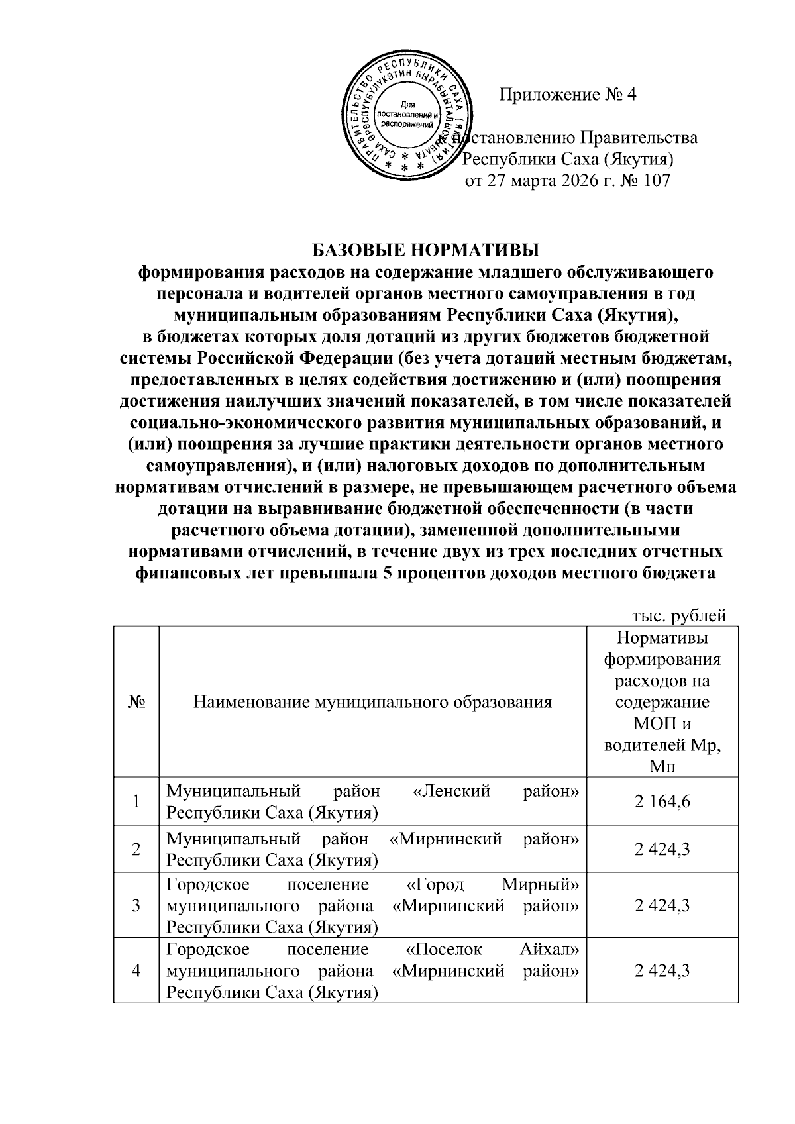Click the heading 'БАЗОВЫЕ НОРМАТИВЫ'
(426, 250)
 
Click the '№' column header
(136, 702)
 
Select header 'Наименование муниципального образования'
(372, 702)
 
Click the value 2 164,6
(662, 801)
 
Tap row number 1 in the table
(136, 801)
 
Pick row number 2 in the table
(136, 849)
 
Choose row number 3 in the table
(136, 905)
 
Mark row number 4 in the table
(136, 971)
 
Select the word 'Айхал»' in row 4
(549, 950)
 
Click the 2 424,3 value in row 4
(662, 971)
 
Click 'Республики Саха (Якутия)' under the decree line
(568, 160)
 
